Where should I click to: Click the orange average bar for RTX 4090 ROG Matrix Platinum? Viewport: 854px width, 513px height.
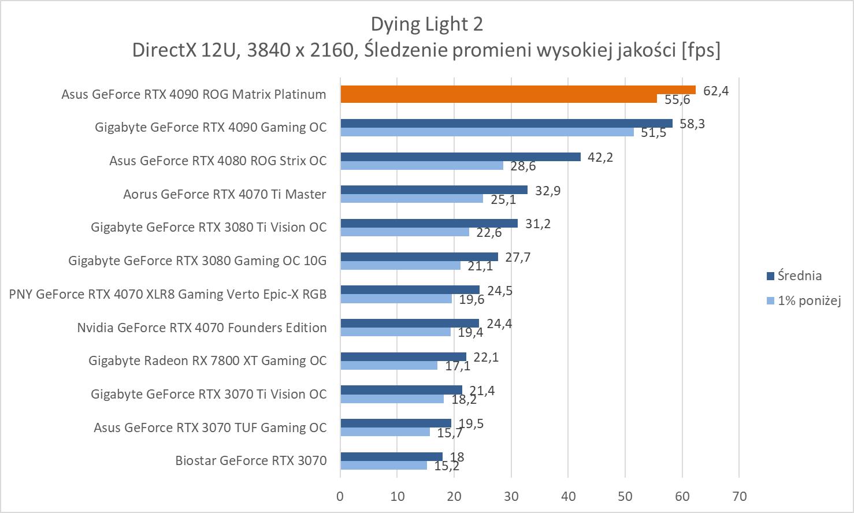(518, 90)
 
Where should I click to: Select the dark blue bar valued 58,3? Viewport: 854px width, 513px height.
(506, 123)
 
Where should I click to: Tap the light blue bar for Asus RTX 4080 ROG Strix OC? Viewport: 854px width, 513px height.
(422, 165)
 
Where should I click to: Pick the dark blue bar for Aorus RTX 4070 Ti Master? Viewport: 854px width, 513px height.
(434, 190)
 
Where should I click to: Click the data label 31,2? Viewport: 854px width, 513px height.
(537, 224)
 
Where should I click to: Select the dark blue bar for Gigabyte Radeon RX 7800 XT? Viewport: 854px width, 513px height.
(403, 356)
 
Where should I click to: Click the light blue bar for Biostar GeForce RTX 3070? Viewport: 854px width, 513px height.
(384, 465)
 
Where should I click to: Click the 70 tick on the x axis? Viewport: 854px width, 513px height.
(739, 496)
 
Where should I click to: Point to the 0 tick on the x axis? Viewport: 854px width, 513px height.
(340, 496)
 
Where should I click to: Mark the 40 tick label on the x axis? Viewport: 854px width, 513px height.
(568, 496)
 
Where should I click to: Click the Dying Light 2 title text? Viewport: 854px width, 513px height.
(426, 24)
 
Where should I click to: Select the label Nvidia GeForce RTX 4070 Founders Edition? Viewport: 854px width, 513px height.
(202, 328)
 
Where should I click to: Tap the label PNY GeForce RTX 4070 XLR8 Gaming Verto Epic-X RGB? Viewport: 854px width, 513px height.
(168, 294)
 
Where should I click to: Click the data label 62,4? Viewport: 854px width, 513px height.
(716, 90)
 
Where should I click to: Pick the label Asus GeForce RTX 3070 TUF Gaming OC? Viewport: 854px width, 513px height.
(210, 428)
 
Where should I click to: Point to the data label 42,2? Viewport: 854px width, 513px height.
(600, 157)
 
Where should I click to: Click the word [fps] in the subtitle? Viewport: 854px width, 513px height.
(701, 51)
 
